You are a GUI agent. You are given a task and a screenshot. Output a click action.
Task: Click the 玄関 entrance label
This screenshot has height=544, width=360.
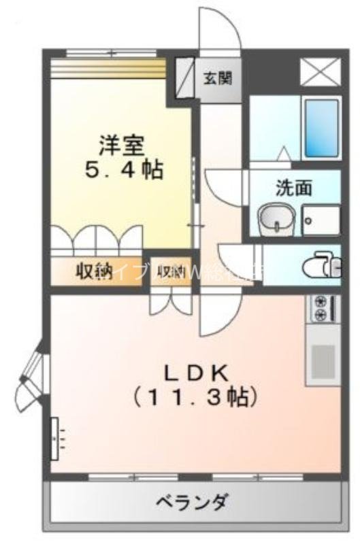pos(217,78)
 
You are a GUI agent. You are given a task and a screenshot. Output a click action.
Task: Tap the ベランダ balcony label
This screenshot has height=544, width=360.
pos(191,503)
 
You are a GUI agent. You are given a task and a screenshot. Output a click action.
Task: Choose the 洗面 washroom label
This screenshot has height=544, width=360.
pos(293,188)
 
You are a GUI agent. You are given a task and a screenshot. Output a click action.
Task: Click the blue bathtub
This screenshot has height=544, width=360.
pos(321,128)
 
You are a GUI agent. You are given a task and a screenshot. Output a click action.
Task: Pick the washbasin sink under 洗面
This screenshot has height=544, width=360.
pos(274,220)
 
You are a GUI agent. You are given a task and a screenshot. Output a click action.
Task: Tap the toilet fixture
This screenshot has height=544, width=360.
pos(320,265)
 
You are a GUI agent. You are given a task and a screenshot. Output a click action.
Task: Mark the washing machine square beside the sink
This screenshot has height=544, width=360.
pos(321,220)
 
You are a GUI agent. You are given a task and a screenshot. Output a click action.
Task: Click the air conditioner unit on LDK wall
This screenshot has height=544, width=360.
pos(54,439)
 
